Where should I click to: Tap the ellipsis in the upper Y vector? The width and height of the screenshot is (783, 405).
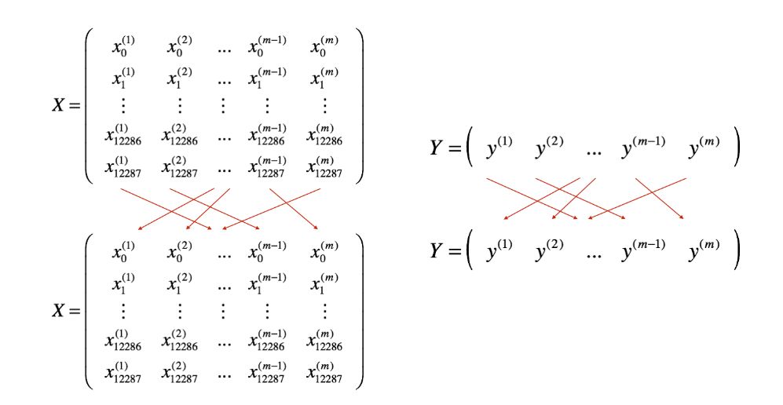click(593, 151)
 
